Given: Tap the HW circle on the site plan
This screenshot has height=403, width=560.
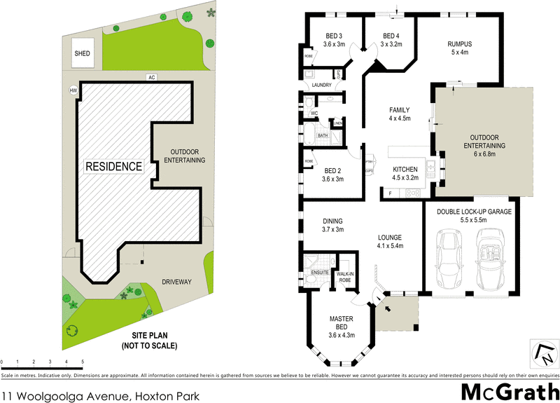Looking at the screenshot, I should tap(72, 90).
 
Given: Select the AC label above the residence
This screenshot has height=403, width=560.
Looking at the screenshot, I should tap(150, 76).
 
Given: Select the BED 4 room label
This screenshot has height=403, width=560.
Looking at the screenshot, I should tap(391, 40).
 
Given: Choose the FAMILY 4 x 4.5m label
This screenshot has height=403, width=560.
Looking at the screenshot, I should tap(399, 114).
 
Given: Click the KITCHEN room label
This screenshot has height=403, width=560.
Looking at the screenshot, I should tap(405, 173).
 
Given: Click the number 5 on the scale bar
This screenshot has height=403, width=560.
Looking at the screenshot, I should tap(83, 362).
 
